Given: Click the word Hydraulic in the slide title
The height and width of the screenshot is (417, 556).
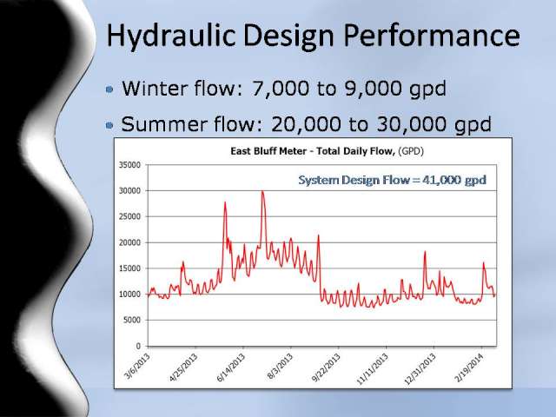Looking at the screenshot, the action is click(171, 36).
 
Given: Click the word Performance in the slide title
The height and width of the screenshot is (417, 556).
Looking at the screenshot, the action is click(432, 35).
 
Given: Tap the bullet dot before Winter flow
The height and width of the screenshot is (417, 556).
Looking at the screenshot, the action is click(109, 89).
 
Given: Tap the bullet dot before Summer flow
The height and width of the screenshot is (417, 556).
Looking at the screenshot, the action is click(109, 125).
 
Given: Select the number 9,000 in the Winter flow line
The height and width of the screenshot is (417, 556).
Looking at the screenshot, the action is click(374, 89).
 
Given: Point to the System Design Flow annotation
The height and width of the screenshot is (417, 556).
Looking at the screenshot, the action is click(392, 180).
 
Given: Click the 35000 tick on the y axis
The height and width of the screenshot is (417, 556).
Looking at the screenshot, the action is click(129, 165).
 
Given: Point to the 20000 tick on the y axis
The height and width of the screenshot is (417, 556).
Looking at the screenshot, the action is click(129, 242).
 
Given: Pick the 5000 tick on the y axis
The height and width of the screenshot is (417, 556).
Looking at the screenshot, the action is click(132, 321).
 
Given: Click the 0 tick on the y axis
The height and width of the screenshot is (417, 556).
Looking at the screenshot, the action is click(138, 346).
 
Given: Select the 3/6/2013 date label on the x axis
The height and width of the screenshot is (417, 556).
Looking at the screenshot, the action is click(137, 366).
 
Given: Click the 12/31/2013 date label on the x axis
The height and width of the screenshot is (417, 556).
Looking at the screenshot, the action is click(420, 368).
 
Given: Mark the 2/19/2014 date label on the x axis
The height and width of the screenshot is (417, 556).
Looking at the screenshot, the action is click(469, 367).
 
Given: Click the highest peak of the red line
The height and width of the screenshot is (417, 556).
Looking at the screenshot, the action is click(262, 191).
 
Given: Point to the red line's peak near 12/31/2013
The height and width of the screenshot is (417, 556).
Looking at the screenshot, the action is click(425, 252).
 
